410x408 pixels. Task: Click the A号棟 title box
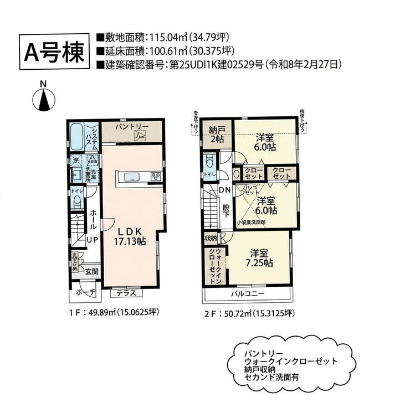54,51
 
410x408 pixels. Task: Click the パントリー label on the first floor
132,127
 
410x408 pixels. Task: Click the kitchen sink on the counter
132,177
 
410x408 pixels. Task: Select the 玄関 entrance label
91,271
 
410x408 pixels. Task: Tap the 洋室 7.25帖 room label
260,258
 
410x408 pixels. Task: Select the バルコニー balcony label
247,294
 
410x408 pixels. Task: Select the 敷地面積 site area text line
162,38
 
